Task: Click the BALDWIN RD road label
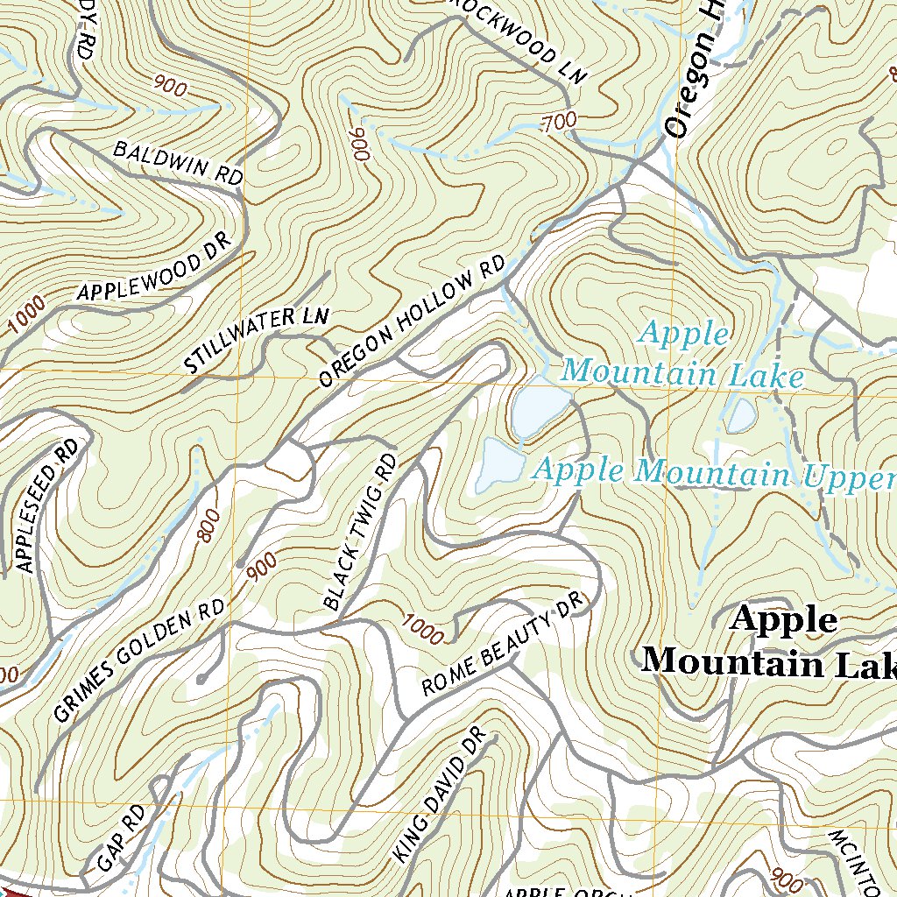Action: (178, 163)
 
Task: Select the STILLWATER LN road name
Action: (257, 340)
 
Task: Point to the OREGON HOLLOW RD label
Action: (413, 321)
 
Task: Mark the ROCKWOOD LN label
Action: (517, 39)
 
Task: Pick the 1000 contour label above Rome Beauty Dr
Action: (423, 628)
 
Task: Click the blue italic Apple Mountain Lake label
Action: (682, 355)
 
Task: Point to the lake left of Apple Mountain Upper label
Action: (498, 463)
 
